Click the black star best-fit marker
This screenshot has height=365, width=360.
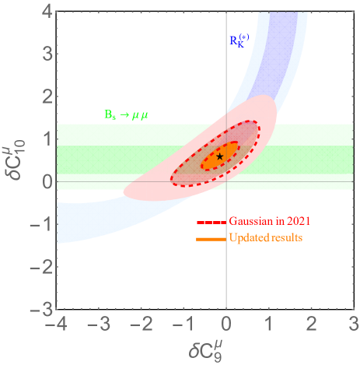(x=220, y=156)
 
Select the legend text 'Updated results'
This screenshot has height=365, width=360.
(x=264, y=236)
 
